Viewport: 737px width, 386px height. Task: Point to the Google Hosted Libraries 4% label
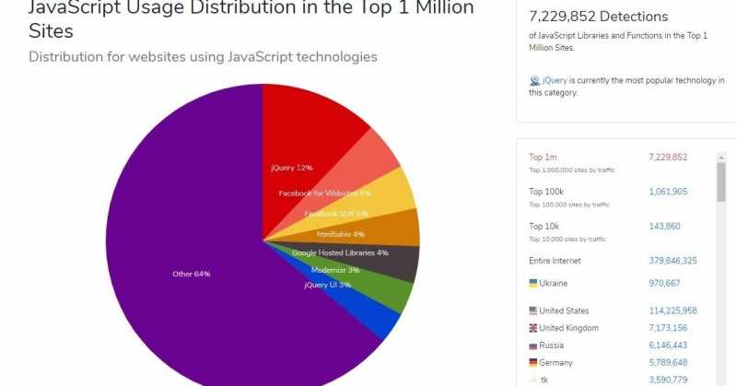coord(340,252)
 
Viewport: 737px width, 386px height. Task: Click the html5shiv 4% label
coord(340,234)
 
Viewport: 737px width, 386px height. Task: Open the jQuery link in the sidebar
coord(555,81)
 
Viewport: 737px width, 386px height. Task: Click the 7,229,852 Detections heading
coord(599,17)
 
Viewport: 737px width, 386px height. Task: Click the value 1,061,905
coord(668,192)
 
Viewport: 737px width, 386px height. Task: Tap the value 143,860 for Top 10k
coord(664,226)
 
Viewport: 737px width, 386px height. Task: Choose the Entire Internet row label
coord(555,261)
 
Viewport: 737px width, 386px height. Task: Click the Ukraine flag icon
coord(533,283)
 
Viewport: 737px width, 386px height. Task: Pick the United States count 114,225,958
coord(673,310)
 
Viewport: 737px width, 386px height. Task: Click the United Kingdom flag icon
coord(533,328)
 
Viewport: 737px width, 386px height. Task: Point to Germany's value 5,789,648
coord(668,362)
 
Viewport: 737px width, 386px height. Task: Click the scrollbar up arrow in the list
coord(720,157)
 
